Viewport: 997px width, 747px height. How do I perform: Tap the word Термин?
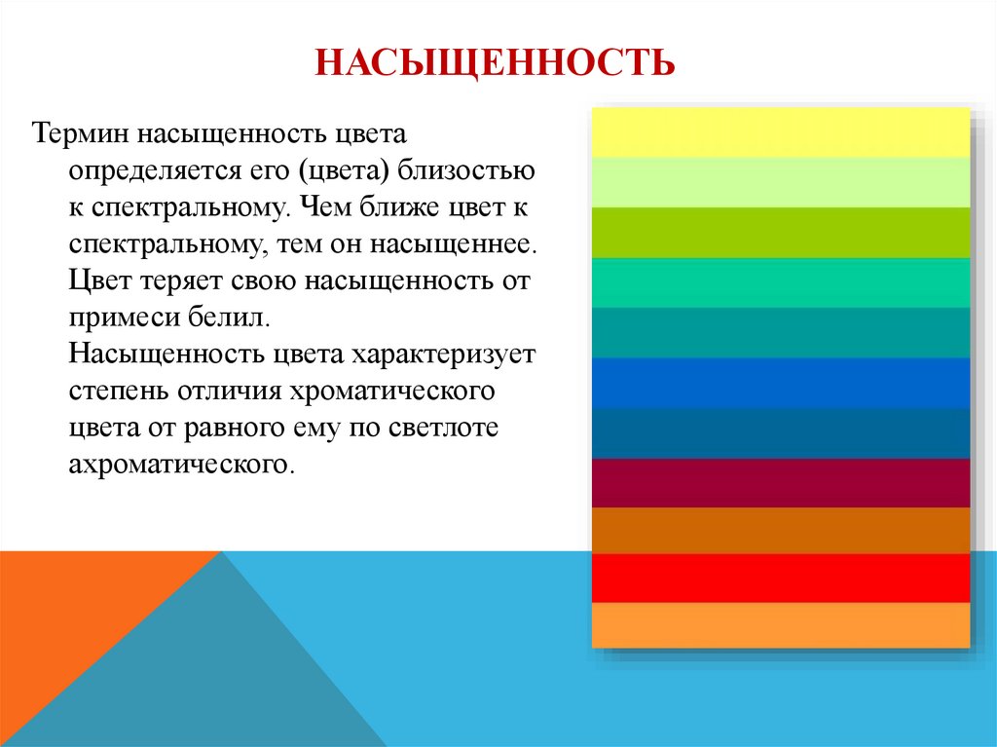(82, 131)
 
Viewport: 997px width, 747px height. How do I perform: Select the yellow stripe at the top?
(781, 131)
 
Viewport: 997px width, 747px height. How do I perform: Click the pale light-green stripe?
(781, 182)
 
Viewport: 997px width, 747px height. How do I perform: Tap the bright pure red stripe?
(781, 578)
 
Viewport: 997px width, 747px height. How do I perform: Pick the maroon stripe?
(781, 483)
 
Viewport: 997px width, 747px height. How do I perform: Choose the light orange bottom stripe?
(781, 625)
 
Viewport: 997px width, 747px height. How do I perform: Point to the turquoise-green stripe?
(781, 282)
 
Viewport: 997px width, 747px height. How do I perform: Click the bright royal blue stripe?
(781, 383)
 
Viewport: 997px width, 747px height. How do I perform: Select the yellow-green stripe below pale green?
(781, 233)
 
